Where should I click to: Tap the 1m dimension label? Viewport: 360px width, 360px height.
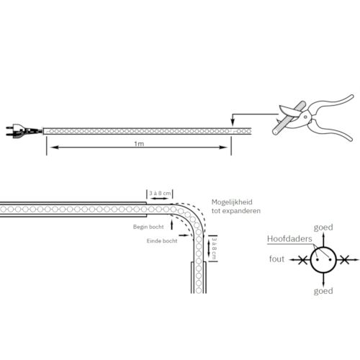[139, 144]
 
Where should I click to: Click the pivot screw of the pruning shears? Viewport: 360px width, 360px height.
[305, 117]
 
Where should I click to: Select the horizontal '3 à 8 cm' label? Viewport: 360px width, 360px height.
[160, 193]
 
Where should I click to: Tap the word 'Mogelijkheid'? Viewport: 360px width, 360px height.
[232, 202]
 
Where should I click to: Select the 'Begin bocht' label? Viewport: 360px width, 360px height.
[148, 227]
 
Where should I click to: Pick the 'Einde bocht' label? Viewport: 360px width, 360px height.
[162, 240]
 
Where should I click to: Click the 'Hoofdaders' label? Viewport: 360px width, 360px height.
[289, 239]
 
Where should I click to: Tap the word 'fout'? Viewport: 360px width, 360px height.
[276, 259]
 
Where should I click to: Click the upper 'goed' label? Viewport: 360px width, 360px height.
[323, 228]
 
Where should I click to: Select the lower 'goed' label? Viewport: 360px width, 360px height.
[323, 291]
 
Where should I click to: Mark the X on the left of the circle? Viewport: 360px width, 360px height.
[303, 260]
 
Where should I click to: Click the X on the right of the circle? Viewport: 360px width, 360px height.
[345, 260]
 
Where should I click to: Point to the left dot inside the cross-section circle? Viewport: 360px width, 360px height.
[318, 260]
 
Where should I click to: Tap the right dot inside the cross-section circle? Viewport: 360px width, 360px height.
[330, 260]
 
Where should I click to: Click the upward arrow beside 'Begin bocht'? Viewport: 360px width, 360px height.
[172, 225]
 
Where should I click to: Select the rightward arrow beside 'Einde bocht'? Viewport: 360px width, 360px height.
[184, 235]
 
